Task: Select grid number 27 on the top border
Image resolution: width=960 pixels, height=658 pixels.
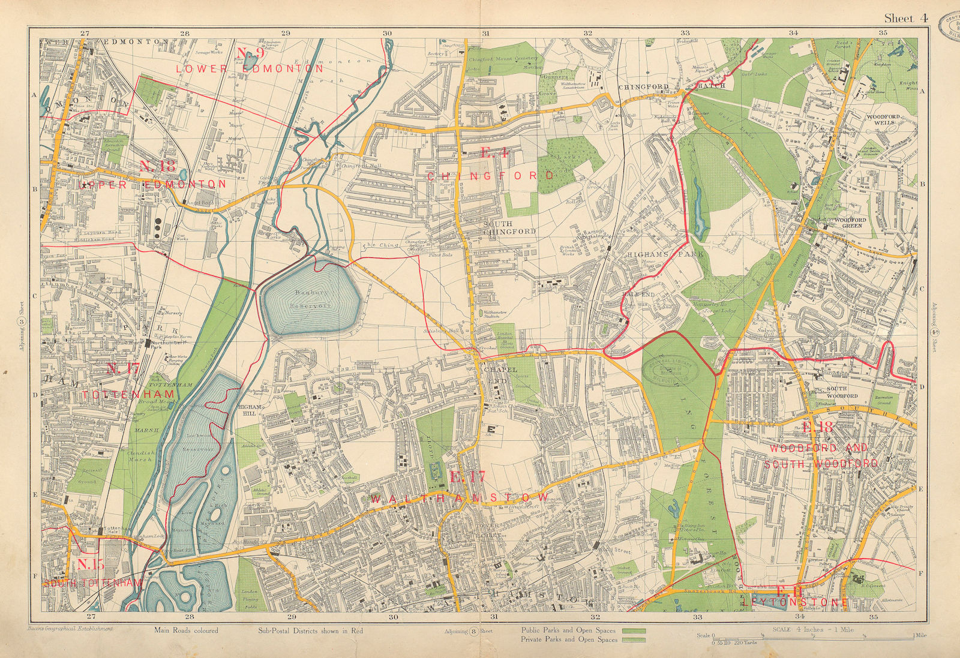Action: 85,34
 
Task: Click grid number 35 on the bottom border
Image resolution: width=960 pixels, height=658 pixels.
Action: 873,617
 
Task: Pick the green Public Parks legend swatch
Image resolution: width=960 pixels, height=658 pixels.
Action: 634,631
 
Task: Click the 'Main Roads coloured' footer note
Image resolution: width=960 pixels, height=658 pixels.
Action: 186,630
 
